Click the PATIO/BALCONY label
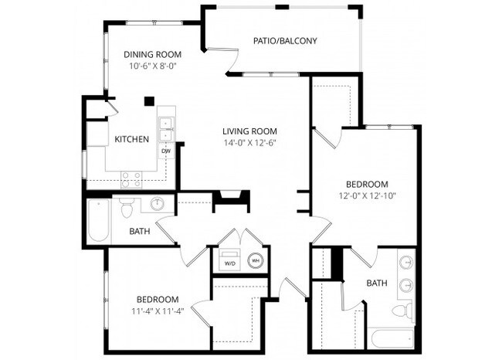pyautogui.click(x=286, y=40)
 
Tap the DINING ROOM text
pyautogui.click(x=152, y=54)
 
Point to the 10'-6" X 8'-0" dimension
pyautogui.click(x=152, y=66)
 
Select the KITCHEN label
pyautogui.click(x=131, y=140)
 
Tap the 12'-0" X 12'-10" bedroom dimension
pyautogui.click(x=366, y=196)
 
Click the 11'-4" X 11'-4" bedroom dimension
pyautogui.click(x=158, y=312)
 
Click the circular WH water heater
pyautogui.click(x=254, y=260)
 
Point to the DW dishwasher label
pyautogui.click(x=165, y=151)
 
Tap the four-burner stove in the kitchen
pyautogui.click(x=131, y=179)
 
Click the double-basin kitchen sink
pyautogui.click(x=165, y=129)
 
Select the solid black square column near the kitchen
pyautogui.click(x=149, y=100)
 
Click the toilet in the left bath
pyautogui.click(x=127, y=206)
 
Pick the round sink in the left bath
pyautogui.click(x=157, y=205)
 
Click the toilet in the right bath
pyautogui.click(x=400, y=311)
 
